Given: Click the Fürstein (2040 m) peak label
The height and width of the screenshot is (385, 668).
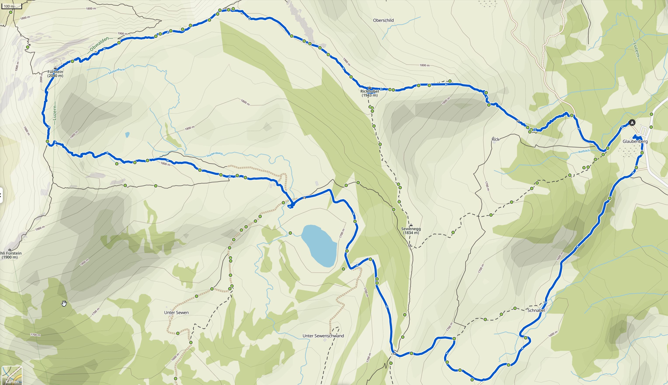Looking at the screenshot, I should (x=55, y=73).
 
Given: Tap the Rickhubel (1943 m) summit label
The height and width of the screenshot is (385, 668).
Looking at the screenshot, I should (x=370, y=93).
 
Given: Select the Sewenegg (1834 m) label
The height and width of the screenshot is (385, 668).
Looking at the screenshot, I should (x=411, y=231).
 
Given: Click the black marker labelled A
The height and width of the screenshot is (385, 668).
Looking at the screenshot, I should (x=632, y=123).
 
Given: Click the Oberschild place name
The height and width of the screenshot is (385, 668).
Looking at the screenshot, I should (x=383, y=20).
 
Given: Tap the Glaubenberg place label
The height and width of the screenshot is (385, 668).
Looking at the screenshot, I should (x=635, y=141).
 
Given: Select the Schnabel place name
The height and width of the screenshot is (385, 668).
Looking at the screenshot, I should (x=536, y=310).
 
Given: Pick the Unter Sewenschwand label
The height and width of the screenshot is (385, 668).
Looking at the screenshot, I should (x=323, y=336).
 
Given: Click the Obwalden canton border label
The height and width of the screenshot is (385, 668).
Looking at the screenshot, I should (x=99, y=44).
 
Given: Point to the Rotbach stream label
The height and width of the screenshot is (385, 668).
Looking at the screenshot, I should (x=584, y=151).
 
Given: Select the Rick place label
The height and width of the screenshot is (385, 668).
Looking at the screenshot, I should (x=495, y=139).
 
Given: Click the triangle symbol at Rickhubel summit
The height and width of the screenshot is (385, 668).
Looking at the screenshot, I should (x=370, y=87).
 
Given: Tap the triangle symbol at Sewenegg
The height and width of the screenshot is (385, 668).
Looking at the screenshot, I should (x=411, y=225).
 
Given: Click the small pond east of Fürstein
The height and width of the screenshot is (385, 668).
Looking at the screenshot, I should (x=128, y=135).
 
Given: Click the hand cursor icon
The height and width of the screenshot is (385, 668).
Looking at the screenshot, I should (x=64, y=303).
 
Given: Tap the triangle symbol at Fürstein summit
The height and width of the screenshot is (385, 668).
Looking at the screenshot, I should (x=55, y=68).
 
